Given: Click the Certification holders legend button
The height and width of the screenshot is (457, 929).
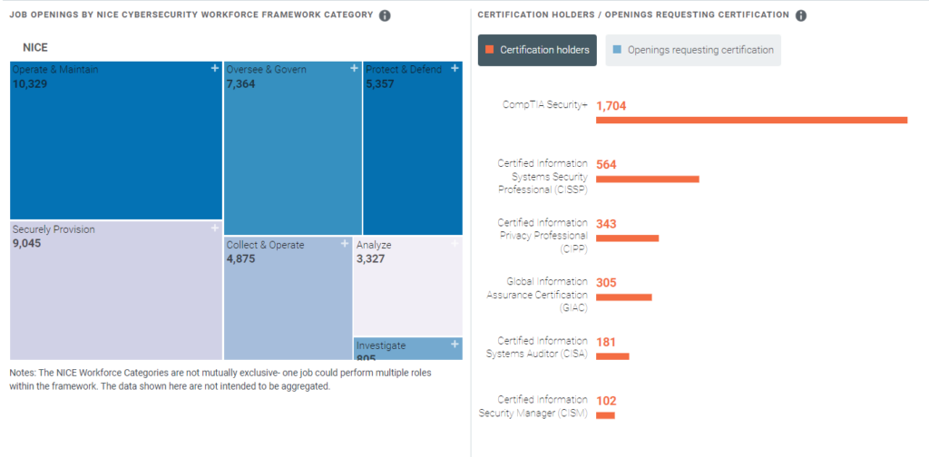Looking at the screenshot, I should tap(537, 50).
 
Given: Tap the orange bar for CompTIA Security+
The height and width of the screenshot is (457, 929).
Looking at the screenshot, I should tap(751, 120).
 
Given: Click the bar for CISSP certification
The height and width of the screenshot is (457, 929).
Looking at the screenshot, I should tap(647, 179).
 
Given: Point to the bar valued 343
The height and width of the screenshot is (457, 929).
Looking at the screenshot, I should tap(627, 238).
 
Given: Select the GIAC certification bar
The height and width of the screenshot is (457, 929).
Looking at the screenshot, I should tap(623, 297).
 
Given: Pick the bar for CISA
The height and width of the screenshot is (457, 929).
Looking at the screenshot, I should tap(612, 355).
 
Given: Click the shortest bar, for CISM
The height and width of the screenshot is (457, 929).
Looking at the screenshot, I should tap(605, 415).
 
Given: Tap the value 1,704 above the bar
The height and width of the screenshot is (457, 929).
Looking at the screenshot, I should tap(611, 105).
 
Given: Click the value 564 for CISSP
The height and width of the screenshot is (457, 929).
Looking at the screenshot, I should tap(606, 164).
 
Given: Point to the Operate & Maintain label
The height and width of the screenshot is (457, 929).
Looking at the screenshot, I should tap(55, 70).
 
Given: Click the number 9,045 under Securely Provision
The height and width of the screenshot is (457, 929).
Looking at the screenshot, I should tap(31, 243).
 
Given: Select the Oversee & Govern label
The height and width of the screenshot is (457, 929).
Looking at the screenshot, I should tap(267, 70).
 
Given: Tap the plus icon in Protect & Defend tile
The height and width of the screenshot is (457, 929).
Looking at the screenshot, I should tap(455, 68).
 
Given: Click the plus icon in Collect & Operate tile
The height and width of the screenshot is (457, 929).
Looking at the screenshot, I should tap(345, 244).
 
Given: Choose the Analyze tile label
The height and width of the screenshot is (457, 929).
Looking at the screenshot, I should tap(375, 245).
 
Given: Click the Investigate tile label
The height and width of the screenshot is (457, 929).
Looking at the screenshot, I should tap(381, 345).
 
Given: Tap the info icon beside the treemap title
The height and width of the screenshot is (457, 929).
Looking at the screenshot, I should tap(385, 15).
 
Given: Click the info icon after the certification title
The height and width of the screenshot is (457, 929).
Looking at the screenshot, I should tap(801, 15).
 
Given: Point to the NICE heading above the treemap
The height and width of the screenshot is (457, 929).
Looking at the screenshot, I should tap(35, 47).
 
